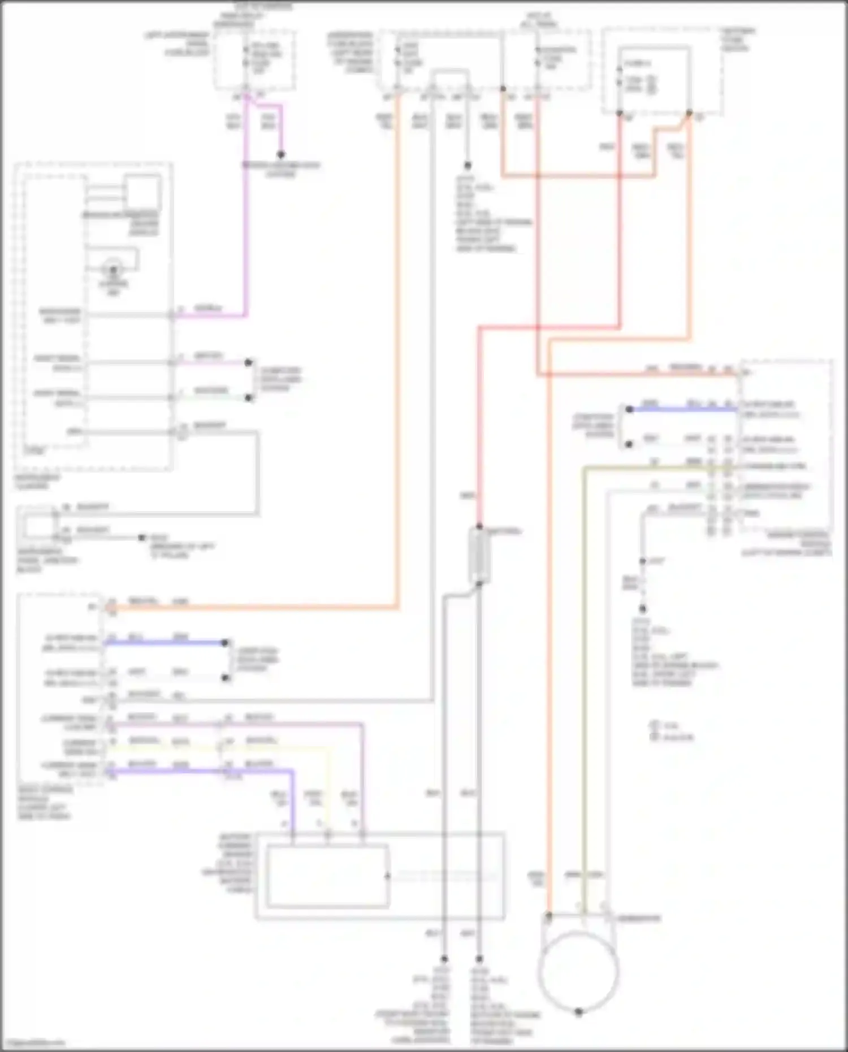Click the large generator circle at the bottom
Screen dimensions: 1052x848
pos(578,971)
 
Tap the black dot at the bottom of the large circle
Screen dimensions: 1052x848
pos(578,1012)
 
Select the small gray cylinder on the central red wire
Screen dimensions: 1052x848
pos(479,556)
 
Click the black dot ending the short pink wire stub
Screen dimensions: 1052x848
pos(280,154)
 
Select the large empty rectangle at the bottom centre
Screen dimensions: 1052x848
pos(328,876)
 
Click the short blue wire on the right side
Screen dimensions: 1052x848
pos(684,409)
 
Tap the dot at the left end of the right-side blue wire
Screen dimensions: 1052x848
pos(629,409)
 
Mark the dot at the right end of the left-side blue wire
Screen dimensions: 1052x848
pos(225,643)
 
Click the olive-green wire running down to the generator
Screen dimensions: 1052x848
pos(585,678)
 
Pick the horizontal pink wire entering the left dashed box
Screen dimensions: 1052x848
pos(209,315)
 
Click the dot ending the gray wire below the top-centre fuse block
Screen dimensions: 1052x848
pos(468,166)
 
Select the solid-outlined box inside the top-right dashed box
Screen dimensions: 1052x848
pos(655,79)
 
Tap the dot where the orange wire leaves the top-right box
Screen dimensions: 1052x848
pos(689,114)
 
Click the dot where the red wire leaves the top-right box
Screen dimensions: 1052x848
pos(620,114)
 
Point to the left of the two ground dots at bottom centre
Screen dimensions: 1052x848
pos(444,959)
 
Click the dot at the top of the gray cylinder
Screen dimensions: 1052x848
pos(479,527)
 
